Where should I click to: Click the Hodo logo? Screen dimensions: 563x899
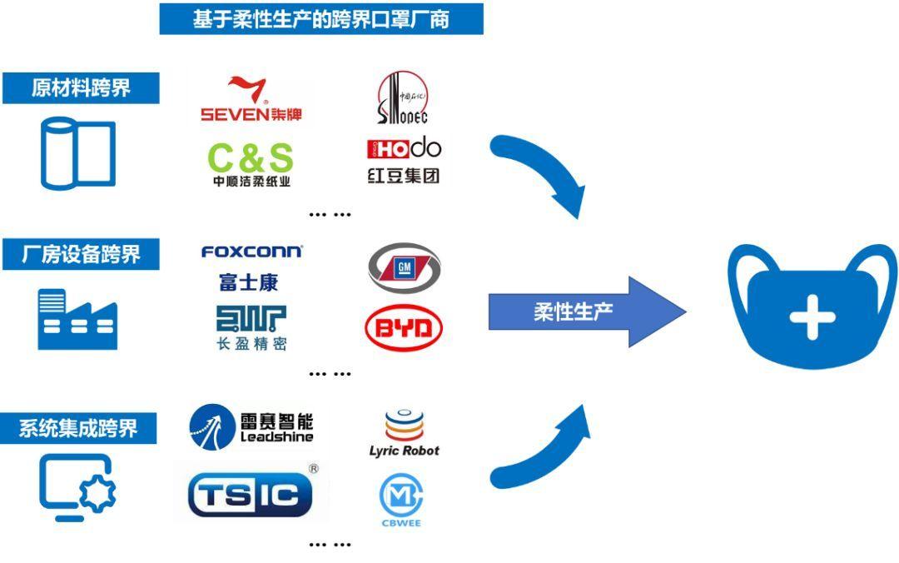coord(404,160)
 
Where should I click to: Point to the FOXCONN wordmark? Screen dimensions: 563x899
coord(251,252)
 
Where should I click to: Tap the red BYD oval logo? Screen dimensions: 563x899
coord(404,330)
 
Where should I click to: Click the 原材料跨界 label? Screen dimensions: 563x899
coord(81,87)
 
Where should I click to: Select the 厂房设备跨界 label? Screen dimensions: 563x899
coord(81,254)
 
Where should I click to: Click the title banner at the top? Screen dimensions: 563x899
coord(320,19)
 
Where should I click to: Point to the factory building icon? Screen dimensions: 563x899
coord(77,319)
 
